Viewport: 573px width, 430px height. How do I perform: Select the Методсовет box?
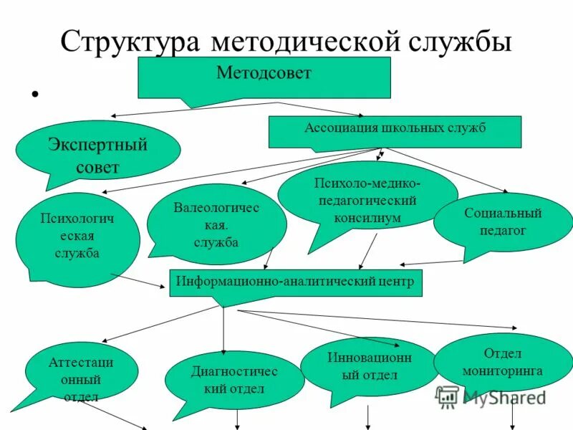pos(264,77)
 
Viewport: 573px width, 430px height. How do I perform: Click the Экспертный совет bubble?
pos(97,156)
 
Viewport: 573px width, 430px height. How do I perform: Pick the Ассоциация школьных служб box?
pos(395,132)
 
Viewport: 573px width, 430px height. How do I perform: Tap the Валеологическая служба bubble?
pos(216,225)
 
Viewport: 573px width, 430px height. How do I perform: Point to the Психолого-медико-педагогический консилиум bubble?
pos(367,201)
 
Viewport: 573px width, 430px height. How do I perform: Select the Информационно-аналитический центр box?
pos(296,282)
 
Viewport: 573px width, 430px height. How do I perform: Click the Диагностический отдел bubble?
pos(234,380)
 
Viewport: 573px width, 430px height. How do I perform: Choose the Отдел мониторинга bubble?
pos(502,363)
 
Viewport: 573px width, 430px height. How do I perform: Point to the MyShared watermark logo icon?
pos(448,396)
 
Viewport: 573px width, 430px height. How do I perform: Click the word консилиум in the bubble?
pos(367,216)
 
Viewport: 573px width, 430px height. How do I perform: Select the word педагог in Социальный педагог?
pos(502,231)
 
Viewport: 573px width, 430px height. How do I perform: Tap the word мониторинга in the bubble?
pos(502,371)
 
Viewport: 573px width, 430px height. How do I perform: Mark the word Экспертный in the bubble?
pos(98,145)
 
